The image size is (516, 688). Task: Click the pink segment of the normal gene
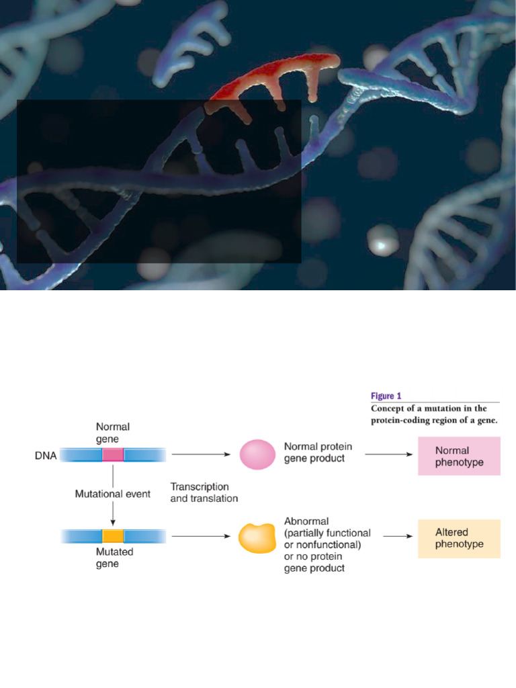(x=113, y=455)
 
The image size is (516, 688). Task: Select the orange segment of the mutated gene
(x=113, y=536)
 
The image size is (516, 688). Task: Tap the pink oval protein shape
(x=257, y=455)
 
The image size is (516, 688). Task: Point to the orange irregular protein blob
(x=257, y=538)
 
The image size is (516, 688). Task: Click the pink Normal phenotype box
(x=459, y=456)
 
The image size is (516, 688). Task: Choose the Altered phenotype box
(x=459, y=538)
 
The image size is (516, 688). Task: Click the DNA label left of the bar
(x=46, y=456)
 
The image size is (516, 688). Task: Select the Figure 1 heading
(x=386, y=396)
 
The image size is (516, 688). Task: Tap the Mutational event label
(x=113, y=494)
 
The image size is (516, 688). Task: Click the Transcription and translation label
(x=204, y=492)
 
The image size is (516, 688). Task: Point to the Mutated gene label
(x=114, y=558)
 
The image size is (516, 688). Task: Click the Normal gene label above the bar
(x=113, y=433)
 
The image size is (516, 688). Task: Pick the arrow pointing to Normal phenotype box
(x=389, y=454)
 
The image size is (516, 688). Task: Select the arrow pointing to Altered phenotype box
(x=398, y=535)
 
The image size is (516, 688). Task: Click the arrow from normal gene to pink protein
(x=201, y=454)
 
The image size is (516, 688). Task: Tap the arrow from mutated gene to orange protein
(x=201, y=535)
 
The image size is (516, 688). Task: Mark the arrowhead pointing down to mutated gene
(x=113, y=523)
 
